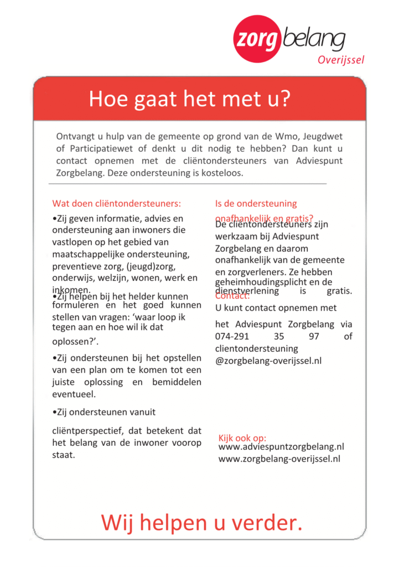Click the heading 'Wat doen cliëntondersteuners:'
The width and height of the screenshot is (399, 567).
click(117, 203)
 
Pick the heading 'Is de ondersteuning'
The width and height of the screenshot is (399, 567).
click(256, 203)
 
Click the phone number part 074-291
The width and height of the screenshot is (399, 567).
click(232, 337)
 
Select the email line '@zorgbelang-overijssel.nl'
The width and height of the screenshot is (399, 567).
click(268, 361)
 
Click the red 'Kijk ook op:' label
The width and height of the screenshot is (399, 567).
click(242, 438)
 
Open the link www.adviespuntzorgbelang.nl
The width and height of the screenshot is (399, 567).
click(281, 447)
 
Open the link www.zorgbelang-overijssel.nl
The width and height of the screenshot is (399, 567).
click(279, 459)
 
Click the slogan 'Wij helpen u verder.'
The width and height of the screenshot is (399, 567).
click(201, 522)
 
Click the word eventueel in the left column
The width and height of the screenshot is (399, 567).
click(74, 394)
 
